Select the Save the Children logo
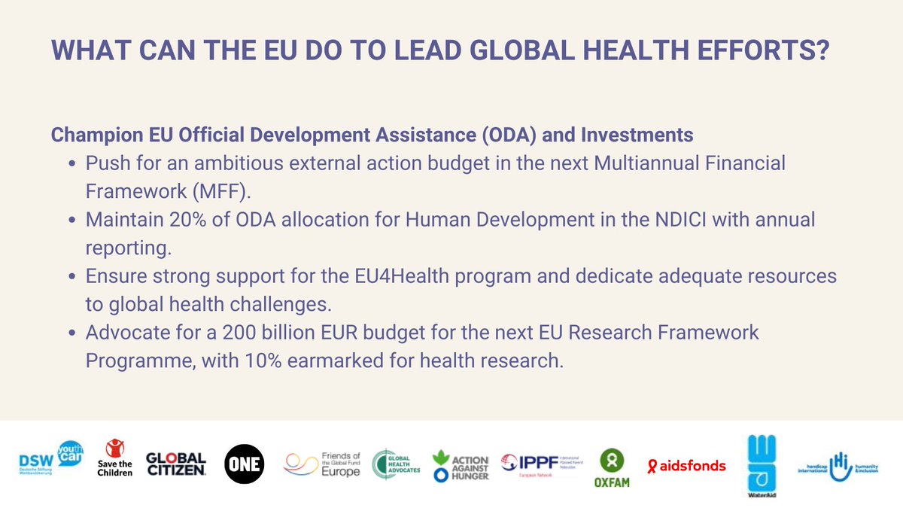[115, 459]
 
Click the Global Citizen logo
[175, 464]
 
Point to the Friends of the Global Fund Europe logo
[322, 464]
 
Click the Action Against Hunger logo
[461, 465]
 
